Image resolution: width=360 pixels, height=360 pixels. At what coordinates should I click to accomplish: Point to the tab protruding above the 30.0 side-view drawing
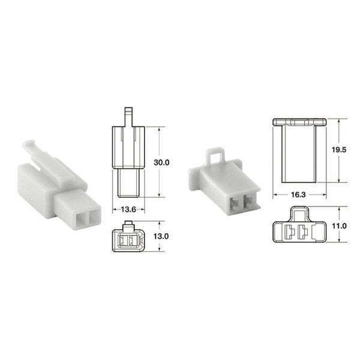(x=127, y=116)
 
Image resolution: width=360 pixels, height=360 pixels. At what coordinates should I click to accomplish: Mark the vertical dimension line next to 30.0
(x=158, y=162)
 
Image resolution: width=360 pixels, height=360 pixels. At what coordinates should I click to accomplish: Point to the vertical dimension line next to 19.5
(x=338, y=151)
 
